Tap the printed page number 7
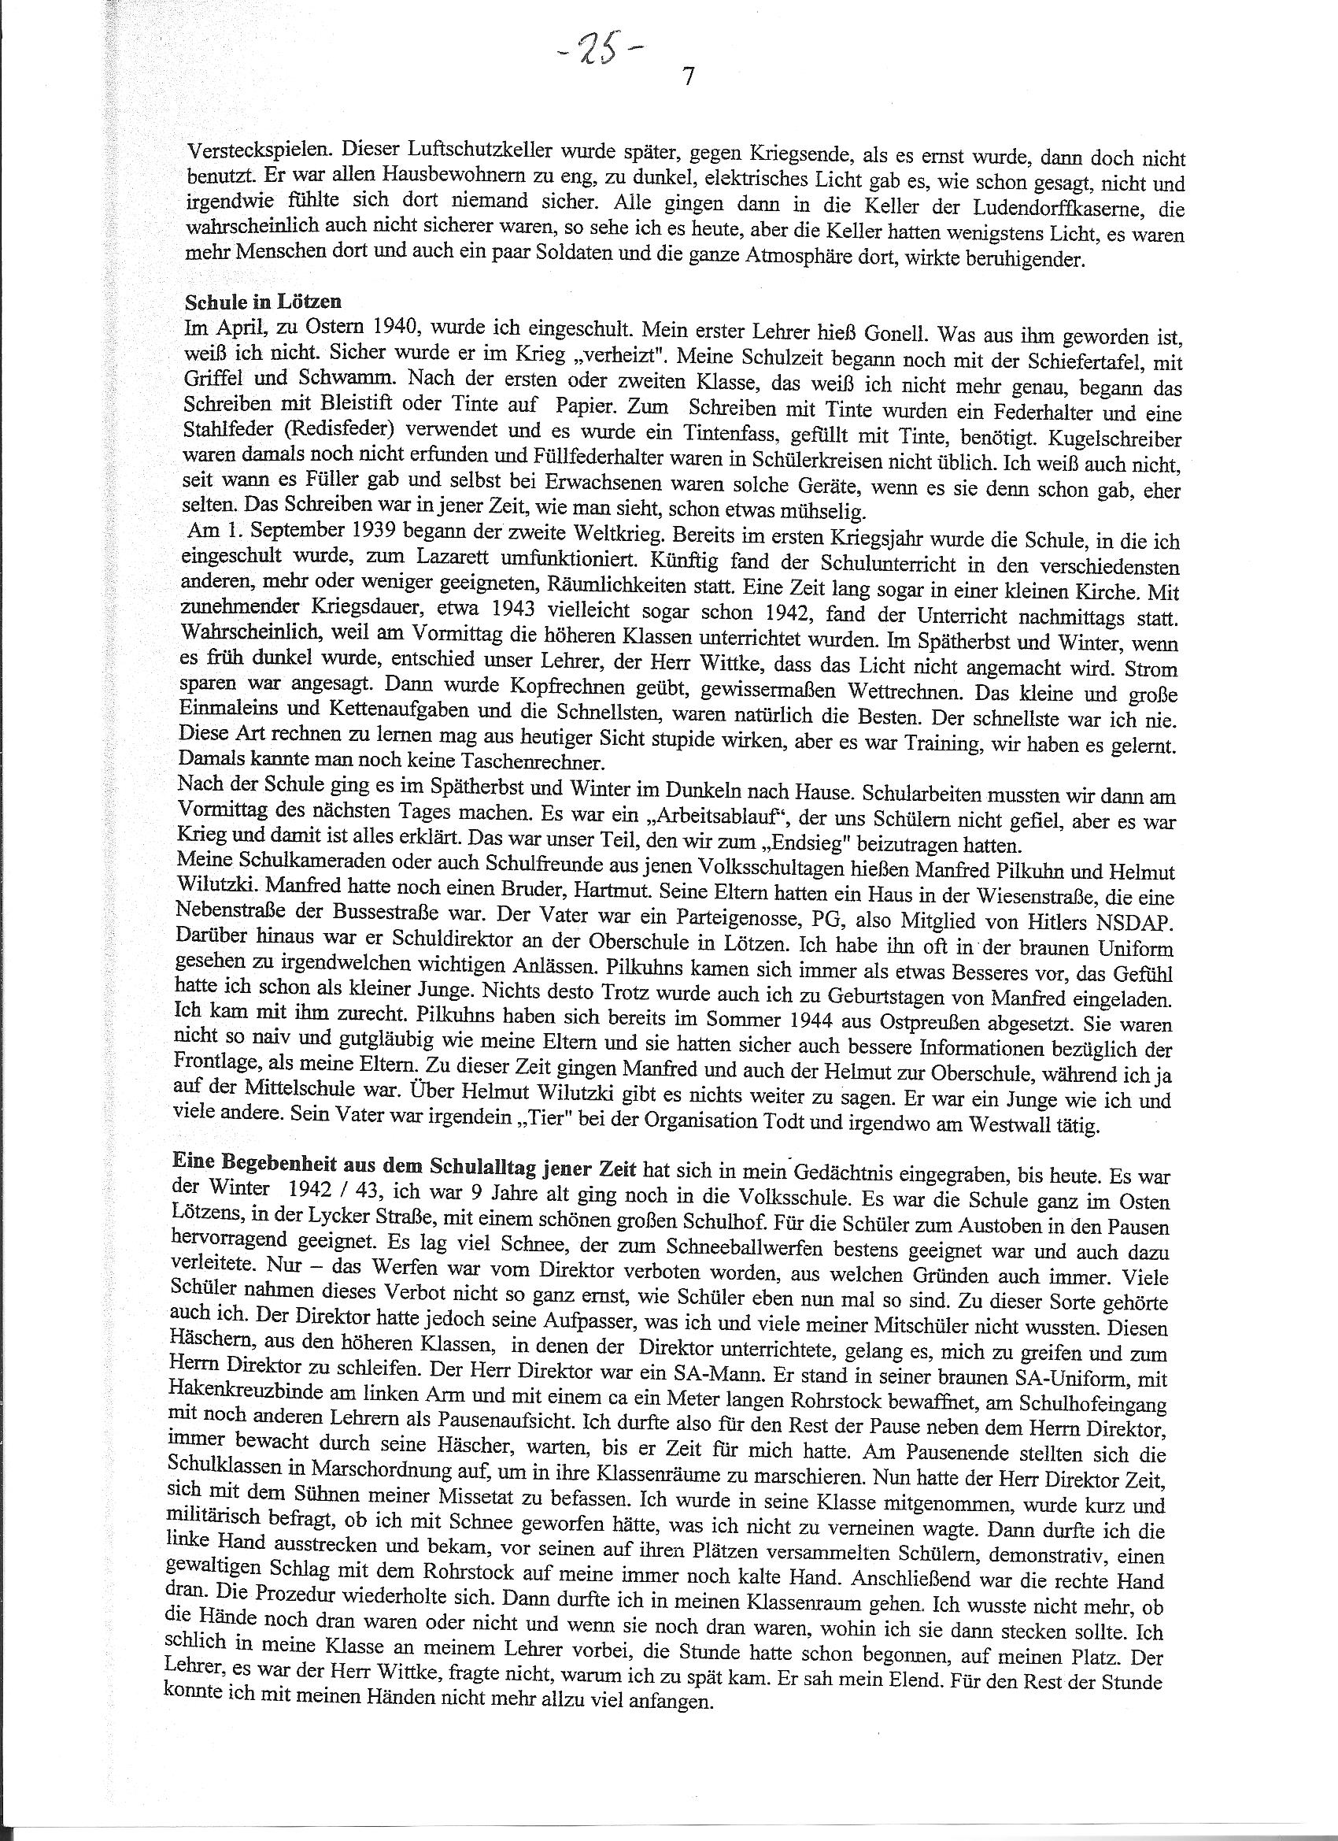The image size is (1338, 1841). tap(688, 78)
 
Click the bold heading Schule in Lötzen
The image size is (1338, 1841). tap(263, 301)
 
